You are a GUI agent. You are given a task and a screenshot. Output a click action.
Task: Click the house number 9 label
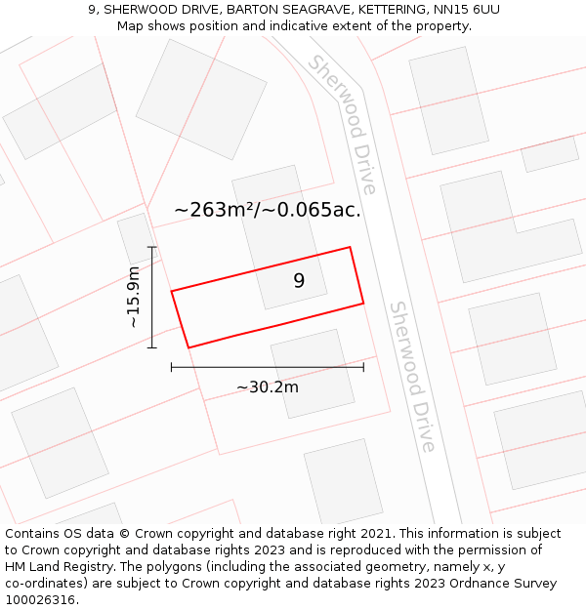click(x=299, y=281)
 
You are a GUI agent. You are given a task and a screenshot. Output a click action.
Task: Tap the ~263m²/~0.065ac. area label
click(x=268, y=210)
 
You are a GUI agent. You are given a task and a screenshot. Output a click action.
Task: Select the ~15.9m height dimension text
click(x=134, y=297)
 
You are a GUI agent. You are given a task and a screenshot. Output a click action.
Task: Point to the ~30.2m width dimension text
click(x=268, y=386)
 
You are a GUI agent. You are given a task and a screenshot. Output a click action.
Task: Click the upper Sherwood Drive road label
click(x=343, y=124)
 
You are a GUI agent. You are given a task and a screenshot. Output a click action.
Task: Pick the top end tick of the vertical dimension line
click(x=151, y=247)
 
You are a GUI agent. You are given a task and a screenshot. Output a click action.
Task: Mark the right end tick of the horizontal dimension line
click(x=363, y=367)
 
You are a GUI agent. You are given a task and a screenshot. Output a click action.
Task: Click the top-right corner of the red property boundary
click(x=350, y=247)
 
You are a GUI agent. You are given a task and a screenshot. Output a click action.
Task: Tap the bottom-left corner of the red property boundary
click(x=188, y=347)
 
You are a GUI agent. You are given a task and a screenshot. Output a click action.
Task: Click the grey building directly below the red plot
click(x=313, y=373)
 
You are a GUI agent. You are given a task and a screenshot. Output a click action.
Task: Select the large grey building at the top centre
click(x=201, y=99)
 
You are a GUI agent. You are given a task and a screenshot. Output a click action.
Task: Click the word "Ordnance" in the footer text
click(x=518, y=583)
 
